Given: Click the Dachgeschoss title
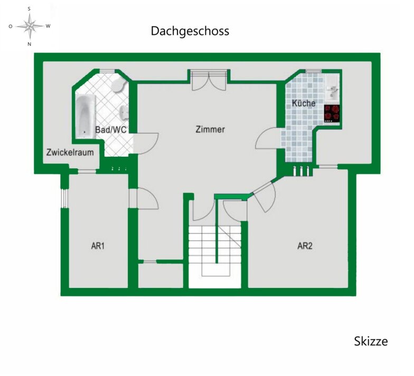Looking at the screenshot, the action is (190, 31).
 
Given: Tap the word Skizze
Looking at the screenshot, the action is (371, 341).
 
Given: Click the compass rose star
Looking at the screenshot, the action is (30, 26).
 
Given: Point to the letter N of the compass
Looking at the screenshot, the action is (30, 44).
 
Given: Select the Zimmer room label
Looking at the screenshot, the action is (210, 129).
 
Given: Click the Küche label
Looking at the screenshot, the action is (304, 103).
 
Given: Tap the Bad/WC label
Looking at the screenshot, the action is (111, 130).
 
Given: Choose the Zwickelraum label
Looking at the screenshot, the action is (70, 152).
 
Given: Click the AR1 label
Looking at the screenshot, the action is (98, 246).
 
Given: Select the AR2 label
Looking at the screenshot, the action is (305, 246).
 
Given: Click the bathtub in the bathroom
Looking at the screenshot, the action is (86, 116).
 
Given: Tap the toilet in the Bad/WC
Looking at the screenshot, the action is (118, 85).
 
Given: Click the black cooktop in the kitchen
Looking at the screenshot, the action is (332, 114).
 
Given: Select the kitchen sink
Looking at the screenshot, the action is (332, 92).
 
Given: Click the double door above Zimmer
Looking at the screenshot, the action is (209, 80).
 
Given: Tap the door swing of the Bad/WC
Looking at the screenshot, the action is (146, 143).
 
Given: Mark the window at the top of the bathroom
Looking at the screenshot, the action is (107, 71).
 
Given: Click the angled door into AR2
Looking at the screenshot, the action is (264, 195).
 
